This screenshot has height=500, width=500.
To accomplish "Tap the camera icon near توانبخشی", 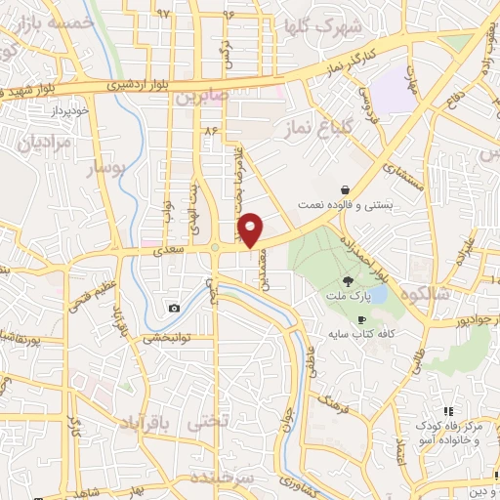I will click(x=174, y=309).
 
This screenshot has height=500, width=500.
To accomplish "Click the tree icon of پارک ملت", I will click(x=349, y=280).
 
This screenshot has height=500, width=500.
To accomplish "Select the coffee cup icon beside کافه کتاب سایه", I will click(x=361, y=319).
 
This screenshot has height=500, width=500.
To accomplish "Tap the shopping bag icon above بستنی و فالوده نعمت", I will click(x=346, y=189).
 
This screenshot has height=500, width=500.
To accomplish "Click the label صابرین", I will click(x=202, y=98).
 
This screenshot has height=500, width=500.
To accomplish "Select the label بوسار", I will click(x=108, y=169).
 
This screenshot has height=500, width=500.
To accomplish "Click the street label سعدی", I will click(x=168, y=251).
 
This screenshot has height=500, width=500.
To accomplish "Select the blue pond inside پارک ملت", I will click(x=377, y=293).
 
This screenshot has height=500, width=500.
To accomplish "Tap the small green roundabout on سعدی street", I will click(x=214, y=248).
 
